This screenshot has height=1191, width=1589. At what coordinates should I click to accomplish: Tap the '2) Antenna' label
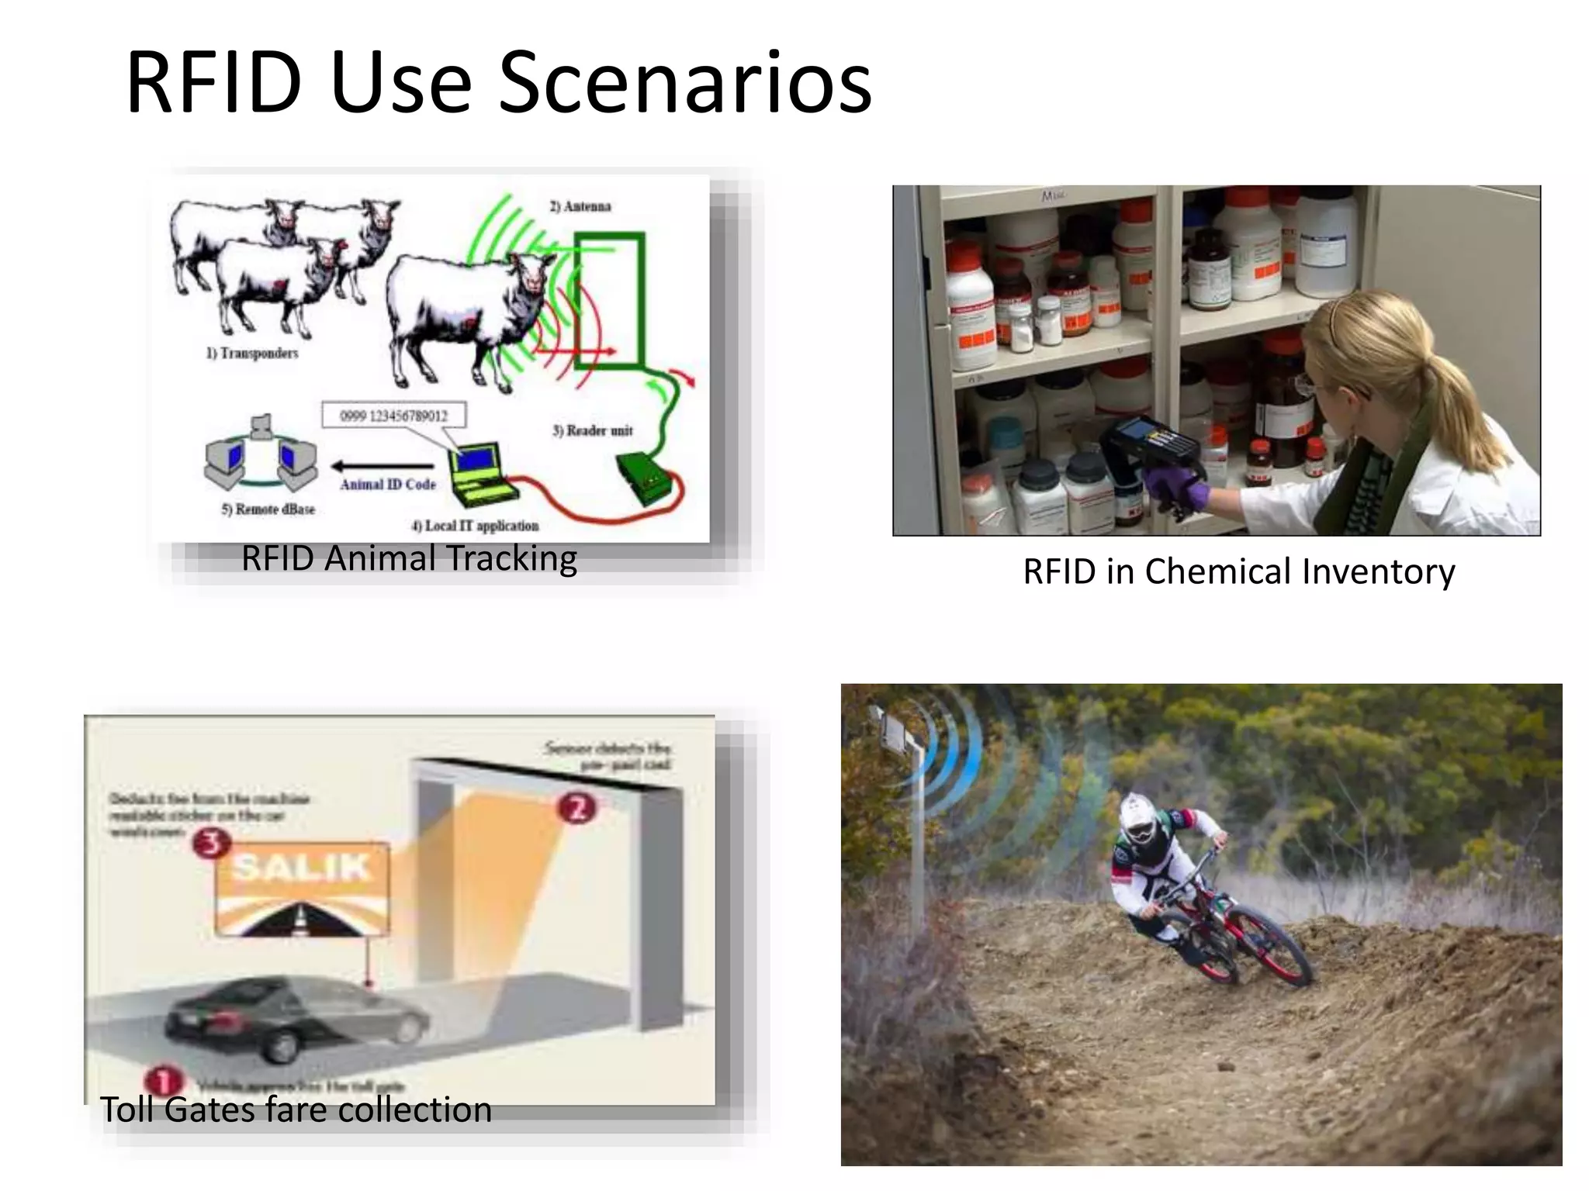[580, 206]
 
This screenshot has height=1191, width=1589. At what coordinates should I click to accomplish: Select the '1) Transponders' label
[252, 354]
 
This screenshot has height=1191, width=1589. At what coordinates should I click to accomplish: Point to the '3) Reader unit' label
[592, 430]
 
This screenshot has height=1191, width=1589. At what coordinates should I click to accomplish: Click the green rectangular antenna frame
[611, 299]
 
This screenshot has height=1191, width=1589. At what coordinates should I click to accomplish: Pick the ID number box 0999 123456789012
[394, 416]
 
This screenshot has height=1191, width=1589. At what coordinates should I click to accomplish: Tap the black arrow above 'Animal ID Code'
[380, 466]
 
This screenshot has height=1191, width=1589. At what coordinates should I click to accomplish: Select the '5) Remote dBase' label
[268, 509]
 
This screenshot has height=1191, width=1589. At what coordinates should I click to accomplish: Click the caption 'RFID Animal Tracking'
[409, 558]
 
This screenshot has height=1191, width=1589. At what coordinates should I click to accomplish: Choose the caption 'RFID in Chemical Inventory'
[1238, 571]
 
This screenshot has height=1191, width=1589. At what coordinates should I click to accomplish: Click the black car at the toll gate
[299, 1016]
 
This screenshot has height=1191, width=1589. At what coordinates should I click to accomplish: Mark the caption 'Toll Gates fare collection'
[296, 1110]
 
